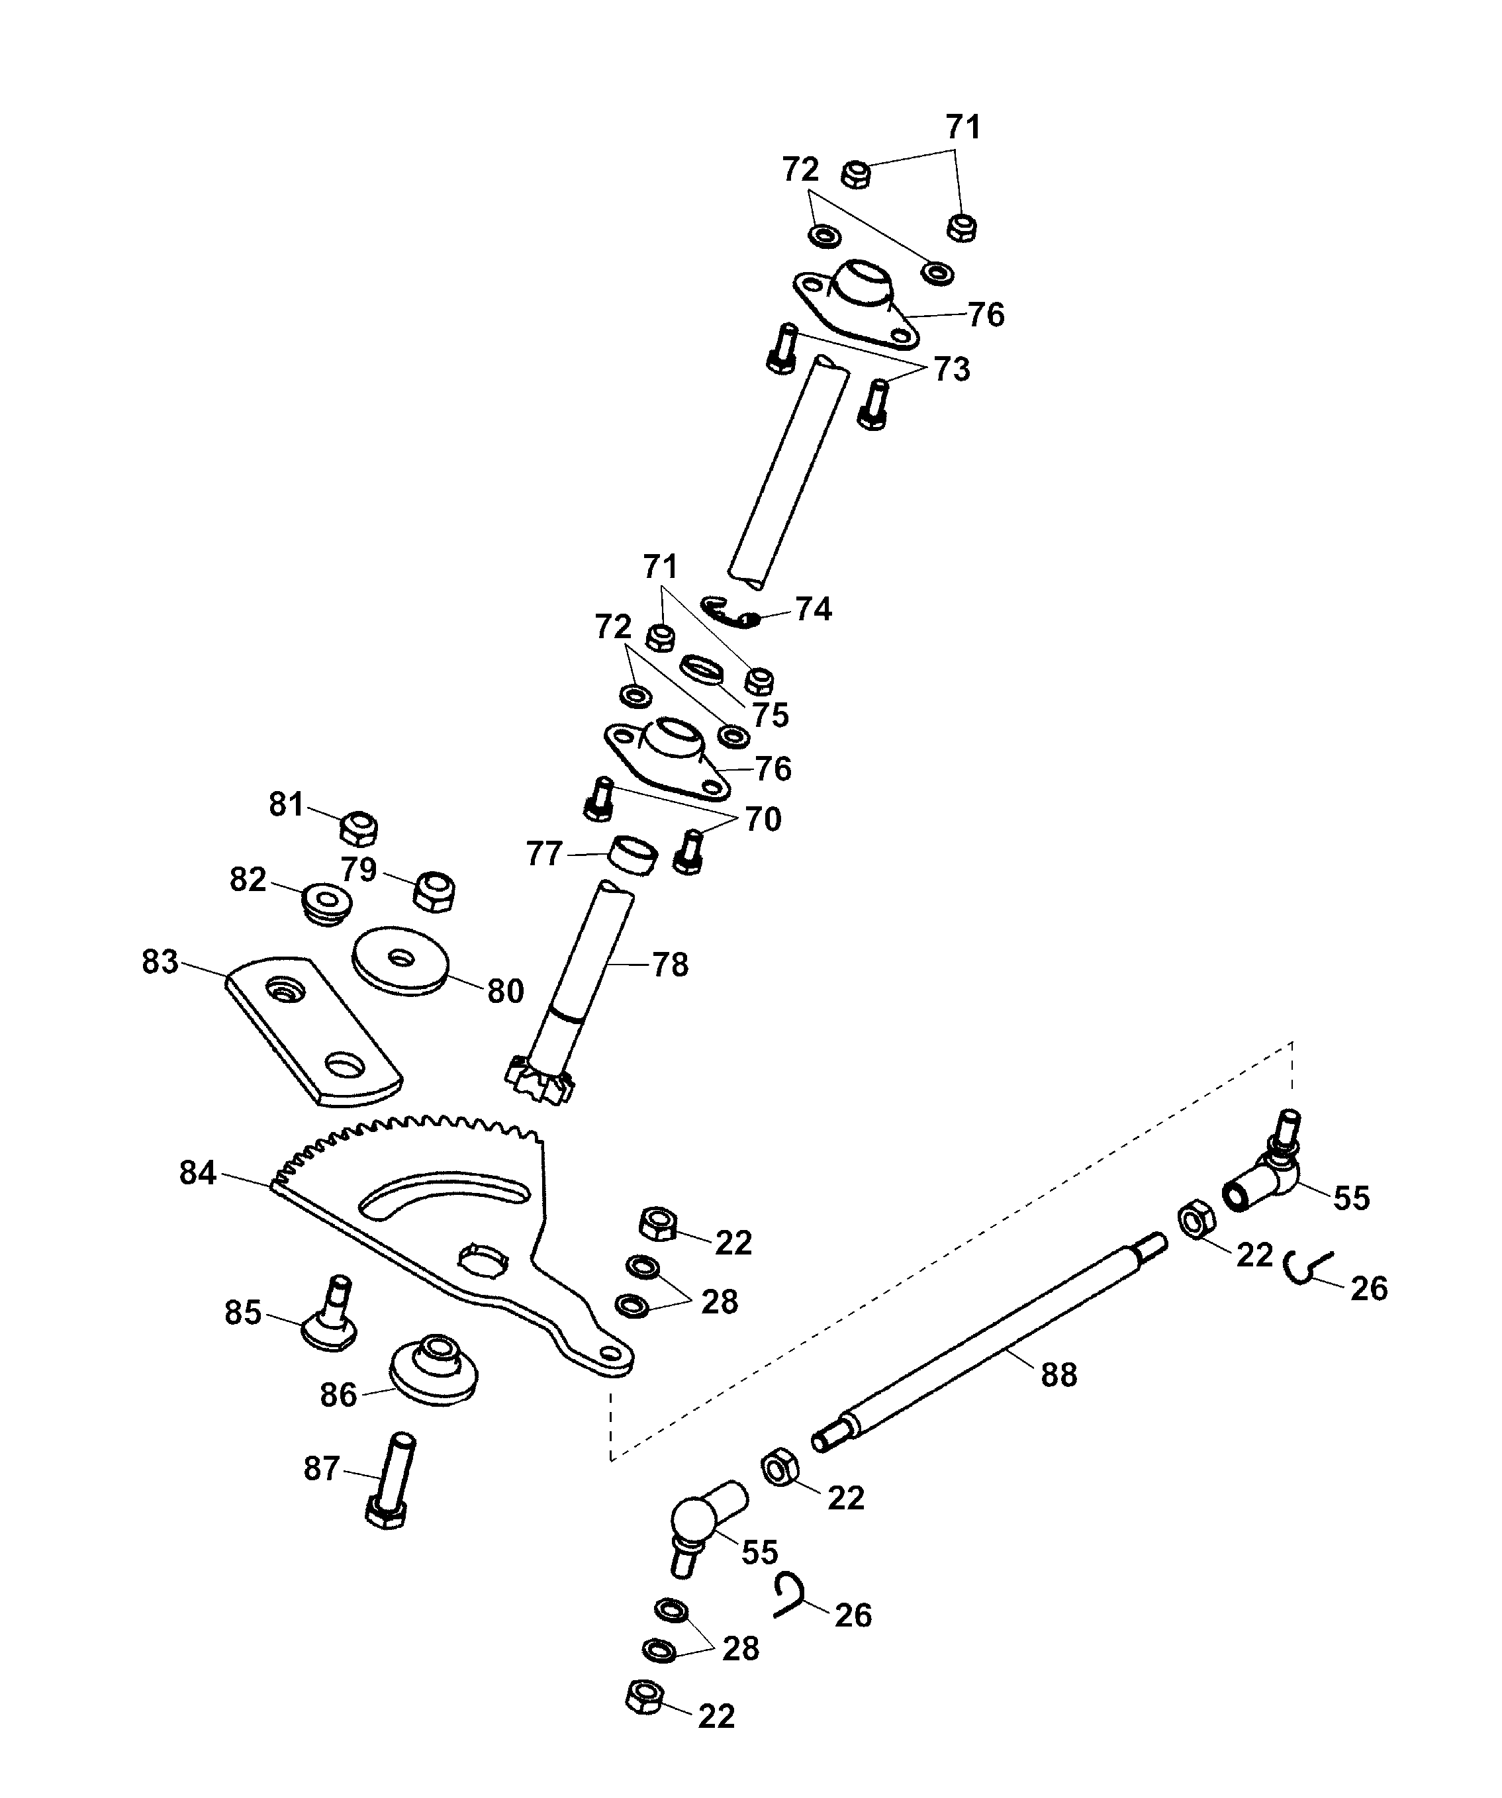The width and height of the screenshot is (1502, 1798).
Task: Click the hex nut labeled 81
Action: pyautogui.click(x=359, y=829)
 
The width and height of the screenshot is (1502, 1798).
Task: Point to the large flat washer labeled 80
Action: pyautogui.click(x=400, y=961)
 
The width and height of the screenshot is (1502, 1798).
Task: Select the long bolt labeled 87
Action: pyautogui.click(x=391, y=1482)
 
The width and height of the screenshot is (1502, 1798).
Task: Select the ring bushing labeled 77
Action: pyautogui.click(x=634, y=855)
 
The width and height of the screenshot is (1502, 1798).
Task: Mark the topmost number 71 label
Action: pyautogui.click(x=963, y=128)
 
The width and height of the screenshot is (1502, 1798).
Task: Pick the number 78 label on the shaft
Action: pyautogui.click(x=670, y=965)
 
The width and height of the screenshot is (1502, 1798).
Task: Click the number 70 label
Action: pyautogui.click(x=762, y=820)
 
